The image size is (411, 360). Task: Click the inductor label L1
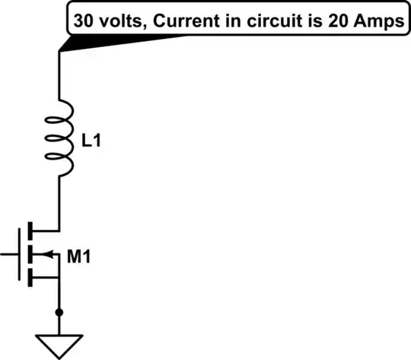pyautogui.click(x=91, y=140)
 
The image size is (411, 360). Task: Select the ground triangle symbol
pyautogui.click(x=59, y=342)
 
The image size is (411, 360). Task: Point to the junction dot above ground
pyautogui.click(x=59, y=313)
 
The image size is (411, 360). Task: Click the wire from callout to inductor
pyautogui.click(x=59, y=76)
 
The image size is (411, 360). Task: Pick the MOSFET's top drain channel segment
pyautogui.click(x=31, y=229)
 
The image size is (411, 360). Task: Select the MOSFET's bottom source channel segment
pyautogui.click(x=31, y=278)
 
